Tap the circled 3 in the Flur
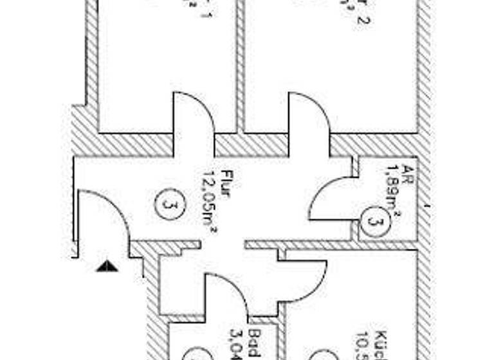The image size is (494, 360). [167, 205]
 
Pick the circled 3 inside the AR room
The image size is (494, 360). [372, 221]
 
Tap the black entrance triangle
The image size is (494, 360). [107, 264]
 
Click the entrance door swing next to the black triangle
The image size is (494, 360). [103, 219]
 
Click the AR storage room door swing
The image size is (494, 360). [331, 199]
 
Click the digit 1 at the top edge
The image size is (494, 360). [206, 14]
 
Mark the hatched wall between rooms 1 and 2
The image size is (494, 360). [240, 64]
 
